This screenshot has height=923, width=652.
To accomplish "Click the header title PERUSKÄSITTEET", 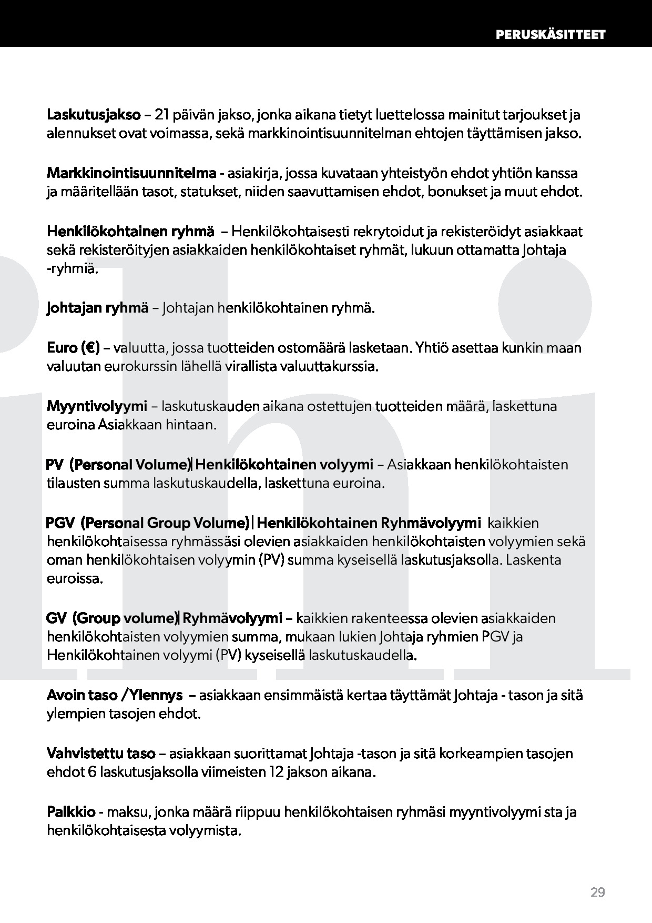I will [550, 35].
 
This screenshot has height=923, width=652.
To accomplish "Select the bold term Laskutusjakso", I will [94, 115].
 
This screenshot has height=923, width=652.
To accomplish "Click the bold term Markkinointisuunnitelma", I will [131, 173].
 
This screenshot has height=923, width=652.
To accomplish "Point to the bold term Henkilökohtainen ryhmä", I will [130, 231].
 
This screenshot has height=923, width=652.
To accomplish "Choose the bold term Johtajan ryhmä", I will [97, 308].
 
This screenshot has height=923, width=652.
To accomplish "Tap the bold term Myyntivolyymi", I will [97, 406].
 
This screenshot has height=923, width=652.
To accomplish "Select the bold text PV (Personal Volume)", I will [118, 465].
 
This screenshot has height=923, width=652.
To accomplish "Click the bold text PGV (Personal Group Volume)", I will [147, 523].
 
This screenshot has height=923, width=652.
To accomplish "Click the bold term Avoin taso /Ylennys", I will [115, 695].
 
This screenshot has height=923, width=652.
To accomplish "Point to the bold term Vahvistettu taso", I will [101, 754].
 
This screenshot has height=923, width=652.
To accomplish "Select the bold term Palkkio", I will [74, 812].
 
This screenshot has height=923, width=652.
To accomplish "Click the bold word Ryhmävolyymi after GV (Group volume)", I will [232, 618].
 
